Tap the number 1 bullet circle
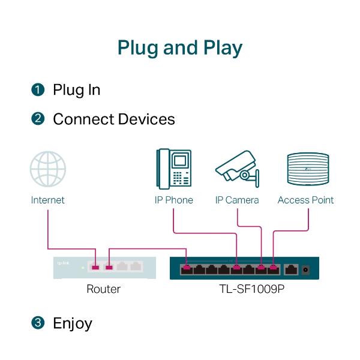38,90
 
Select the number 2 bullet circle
38,119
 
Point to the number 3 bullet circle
38,323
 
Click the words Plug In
76,90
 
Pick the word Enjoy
73,323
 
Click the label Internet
48,200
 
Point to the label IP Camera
237,200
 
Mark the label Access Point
305,200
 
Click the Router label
103,289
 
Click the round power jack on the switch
307,269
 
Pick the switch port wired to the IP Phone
237,268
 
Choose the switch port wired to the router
187,268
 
